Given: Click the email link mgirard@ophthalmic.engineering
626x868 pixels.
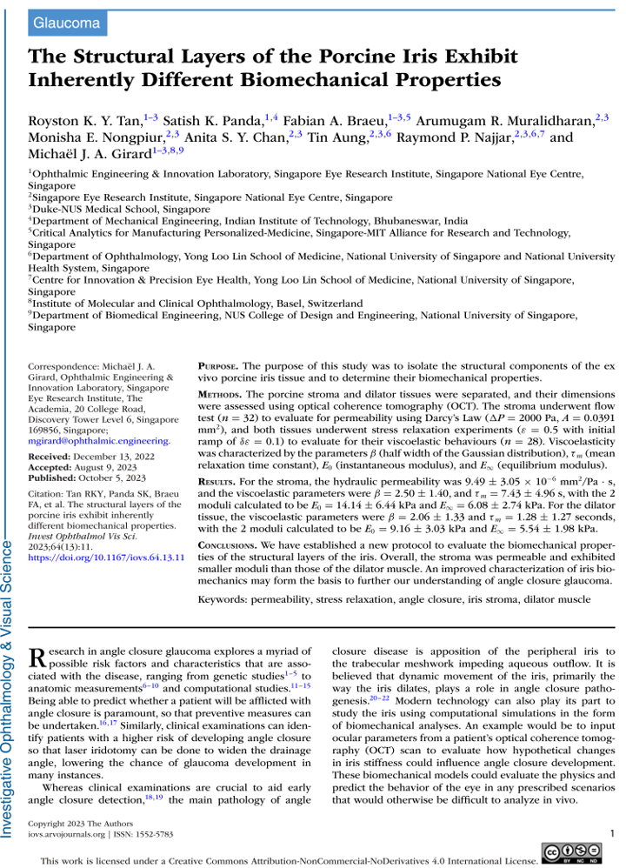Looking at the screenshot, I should point(100,442).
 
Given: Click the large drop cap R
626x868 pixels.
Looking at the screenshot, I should point(40,658).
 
